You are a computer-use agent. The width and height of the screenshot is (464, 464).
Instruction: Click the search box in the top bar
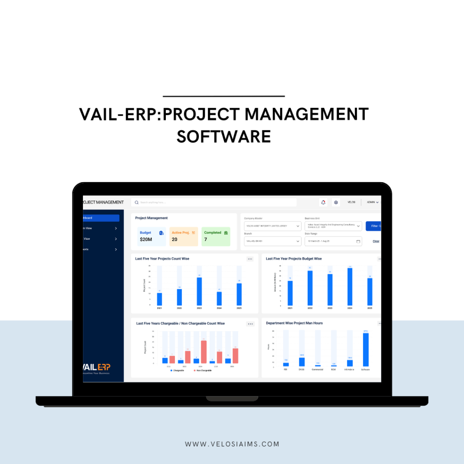point(213,203)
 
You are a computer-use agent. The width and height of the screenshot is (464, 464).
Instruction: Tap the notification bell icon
point(323,203)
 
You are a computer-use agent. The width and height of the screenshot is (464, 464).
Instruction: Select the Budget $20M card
point(151,237)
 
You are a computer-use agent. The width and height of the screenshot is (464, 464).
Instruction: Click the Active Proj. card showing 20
point(184,237)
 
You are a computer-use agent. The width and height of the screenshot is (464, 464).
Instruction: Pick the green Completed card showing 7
point(216,237)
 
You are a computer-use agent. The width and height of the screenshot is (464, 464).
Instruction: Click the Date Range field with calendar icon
point(333,241)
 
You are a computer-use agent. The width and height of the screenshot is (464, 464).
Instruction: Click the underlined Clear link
point(376,241)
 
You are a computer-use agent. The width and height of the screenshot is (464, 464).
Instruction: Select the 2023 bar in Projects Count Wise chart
point(199,291)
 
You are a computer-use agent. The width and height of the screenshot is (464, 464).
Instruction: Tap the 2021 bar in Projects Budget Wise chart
point(290,293)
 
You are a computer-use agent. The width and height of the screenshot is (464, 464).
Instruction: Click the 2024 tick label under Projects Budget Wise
point(349,308)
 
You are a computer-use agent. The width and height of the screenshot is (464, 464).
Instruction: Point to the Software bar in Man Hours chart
point(366,349)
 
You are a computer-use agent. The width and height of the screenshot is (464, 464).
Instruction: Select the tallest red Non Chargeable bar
point(204,352)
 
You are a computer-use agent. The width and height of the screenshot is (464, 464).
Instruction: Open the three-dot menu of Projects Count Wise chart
point(250,259)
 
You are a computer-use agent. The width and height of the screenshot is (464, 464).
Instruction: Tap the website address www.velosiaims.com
point(232,444)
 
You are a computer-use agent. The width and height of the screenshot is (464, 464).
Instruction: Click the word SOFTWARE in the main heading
point(224,136)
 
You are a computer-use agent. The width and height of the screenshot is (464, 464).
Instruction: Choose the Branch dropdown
point(272,241)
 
